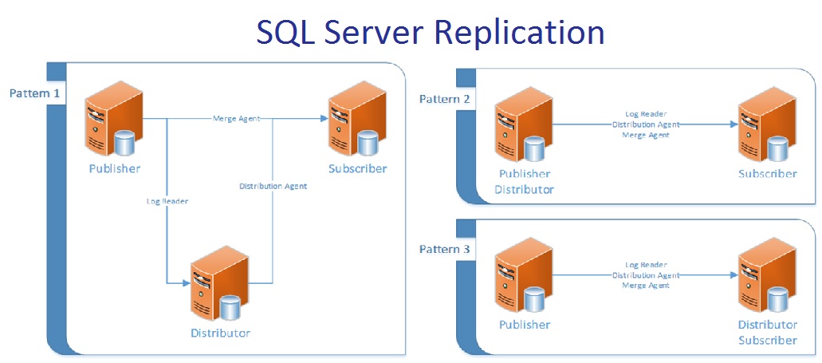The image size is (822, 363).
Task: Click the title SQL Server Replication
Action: [x=430, y=32]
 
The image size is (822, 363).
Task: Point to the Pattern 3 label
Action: [x=445, y=250]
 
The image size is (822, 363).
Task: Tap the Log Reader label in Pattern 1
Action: [x=167, y=201]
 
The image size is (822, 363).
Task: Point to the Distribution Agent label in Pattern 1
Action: [x=273, y=186]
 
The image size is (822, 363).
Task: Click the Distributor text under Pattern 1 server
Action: [x=219, y=333]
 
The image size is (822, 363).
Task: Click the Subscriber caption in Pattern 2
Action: [x=767, y=174]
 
